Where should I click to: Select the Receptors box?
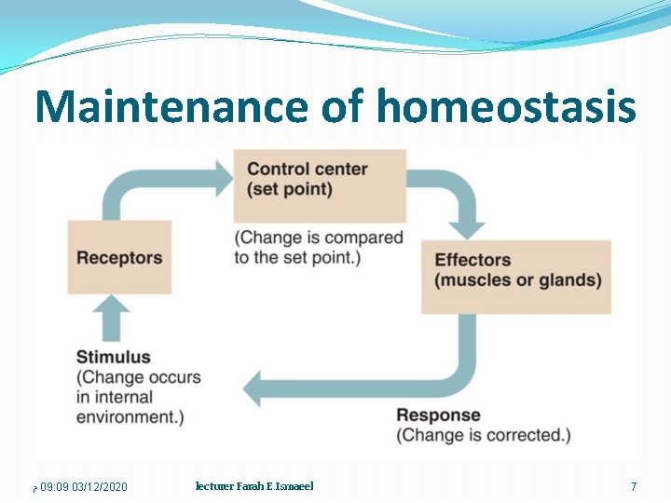point(119,257)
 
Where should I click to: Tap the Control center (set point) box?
point(319,184)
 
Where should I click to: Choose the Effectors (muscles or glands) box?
point(516,277)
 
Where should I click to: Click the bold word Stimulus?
point(113,357)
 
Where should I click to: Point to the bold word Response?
point(438,415)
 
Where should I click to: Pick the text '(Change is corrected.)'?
point(484,435)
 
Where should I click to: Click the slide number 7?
point(634,486)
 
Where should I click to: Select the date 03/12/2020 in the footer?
point(100,487)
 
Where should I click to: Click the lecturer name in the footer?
point(254,486)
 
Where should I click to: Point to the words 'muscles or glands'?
point(518,280)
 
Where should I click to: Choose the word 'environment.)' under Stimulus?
point(130,417)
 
